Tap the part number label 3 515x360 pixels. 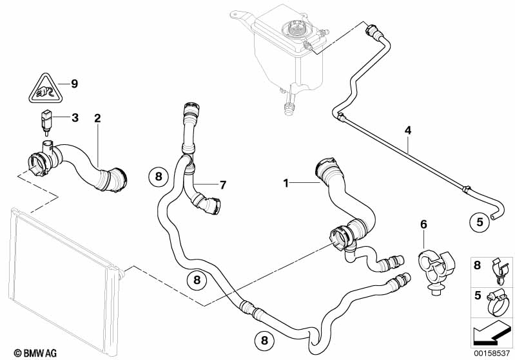click(75, 118)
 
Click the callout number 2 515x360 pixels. click(97, 118)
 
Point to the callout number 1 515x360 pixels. click(286, 184)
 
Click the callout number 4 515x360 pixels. click(407, 131)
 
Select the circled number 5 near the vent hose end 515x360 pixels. click(480, 222)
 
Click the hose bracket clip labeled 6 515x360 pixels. click(430, 270)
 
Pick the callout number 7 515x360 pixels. click(222, 185)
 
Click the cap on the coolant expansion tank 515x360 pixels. click(297, 30)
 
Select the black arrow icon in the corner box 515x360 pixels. click(490, 334)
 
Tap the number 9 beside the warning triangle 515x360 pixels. click(74, 83)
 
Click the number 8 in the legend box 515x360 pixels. click(478, 265)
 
